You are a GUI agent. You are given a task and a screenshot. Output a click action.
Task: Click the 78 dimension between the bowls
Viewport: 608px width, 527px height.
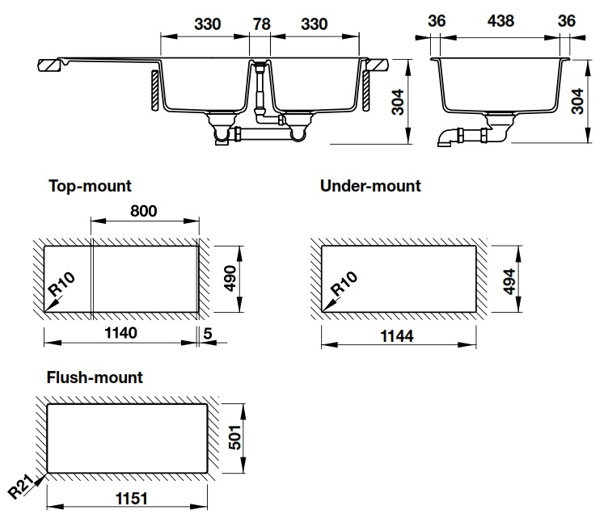coord(261,24)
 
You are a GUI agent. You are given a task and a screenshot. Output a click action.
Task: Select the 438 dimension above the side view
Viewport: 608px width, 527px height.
coord(500,21)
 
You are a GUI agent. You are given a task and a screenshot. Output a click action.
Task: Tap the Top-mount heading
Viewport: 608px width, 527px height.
coord(90,186)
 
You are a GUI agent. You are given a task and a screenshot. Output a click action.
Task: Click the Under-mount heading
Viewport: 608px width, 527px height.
coord(370,186)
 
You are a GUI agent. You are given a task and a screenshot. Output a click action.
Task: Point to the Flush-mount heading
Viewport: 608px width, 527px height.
coord(95,377)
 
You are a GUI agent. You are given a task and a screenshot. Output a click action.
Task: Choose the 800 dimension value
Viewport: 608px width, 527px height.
coord(143,211)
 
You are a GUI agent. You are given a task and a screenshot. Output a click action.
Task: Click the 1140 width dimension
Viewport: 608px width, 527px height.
coord(120,333)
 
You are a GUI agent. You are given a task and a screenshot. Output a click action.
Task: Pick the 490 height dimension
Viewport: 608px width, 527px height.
coord(230,278)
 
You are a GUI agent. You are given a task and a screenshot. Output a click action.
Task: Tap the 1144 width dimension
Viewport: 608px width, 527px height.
coord(397,335)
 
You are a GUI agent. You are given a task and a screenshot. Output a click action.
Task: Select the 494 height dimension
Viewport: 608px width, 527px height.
coord(509,281)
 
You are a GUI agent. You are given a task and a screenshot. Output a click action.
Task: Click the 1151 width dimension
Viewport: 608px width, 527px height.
coord(132,499)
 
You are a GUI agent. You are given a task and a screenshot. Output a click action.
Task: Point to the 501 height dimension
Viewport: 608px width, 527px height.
coord(235,437)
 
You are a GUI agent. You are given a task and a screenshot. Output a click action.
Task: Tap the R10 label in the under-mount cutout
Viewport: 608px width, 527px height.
coord(344,284)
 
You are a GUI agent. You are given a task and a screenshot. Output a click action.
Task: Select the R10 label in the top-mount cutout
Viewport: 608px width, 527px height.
coord(61,285)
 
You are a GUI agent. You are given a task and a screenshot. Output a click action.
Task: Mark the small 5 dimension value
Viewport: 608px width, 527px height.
coord(208,333)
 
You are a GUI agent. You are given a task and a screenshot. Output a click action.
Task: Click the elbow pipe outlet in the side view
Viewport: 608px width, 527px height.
coord(447,138)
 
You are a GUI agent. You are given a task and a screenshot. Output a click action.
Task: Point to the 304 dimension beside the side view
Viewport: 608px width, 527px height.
coord(577,102)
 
